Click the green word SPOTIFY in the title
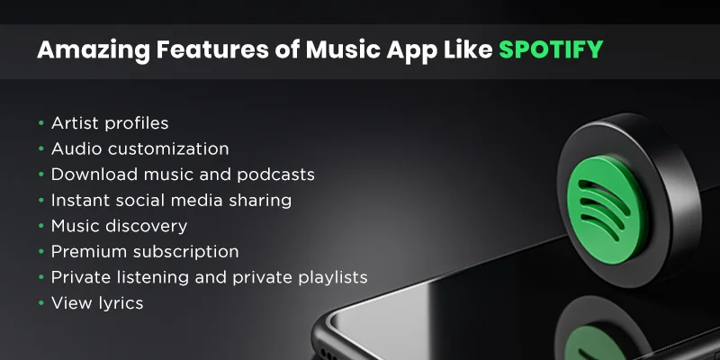pyautogui.click(x=551, y=49)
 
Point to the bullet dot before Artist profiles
pyautogui.click(x=40, y=123)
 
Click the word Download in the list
pyautogui.click(x=89, y=174)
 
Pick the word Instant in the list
pyautogui.click(x=79, y=200)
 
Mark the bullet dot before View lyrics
pyautogui.click(x=40, y=304)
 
